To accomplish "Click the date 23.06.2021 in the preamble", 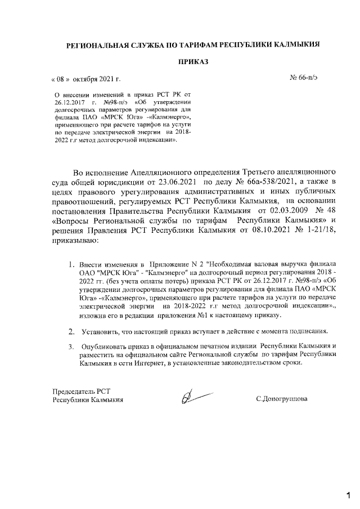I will pyautogui.click(x=179, y=182).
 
